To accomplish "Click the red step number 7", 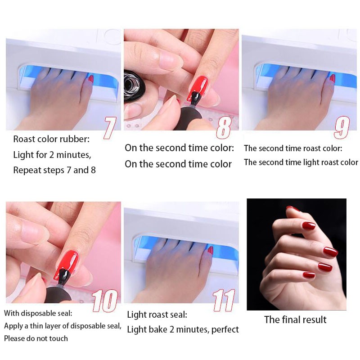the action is pos(110,128).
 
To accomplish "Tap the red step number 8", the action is pos(224,127).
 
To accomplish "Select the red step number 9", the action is pos(342,127).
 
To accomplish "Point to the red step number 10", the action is pos(105,300).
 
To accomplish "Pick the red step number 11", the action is pos(224,300).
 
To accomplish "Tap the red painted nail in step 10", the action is pos(67,264).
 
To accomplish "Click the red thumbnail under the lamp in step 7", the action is pos(91,79).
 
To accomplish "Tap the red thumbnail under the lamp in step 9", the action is pos(332,78).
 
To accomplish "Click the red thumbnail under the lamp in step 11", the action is pos(210,250).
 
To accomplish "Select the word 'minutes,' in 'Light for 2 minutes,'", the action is pos(74,155).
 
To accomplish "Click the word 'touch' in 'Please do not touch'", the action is pos(58,338).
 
